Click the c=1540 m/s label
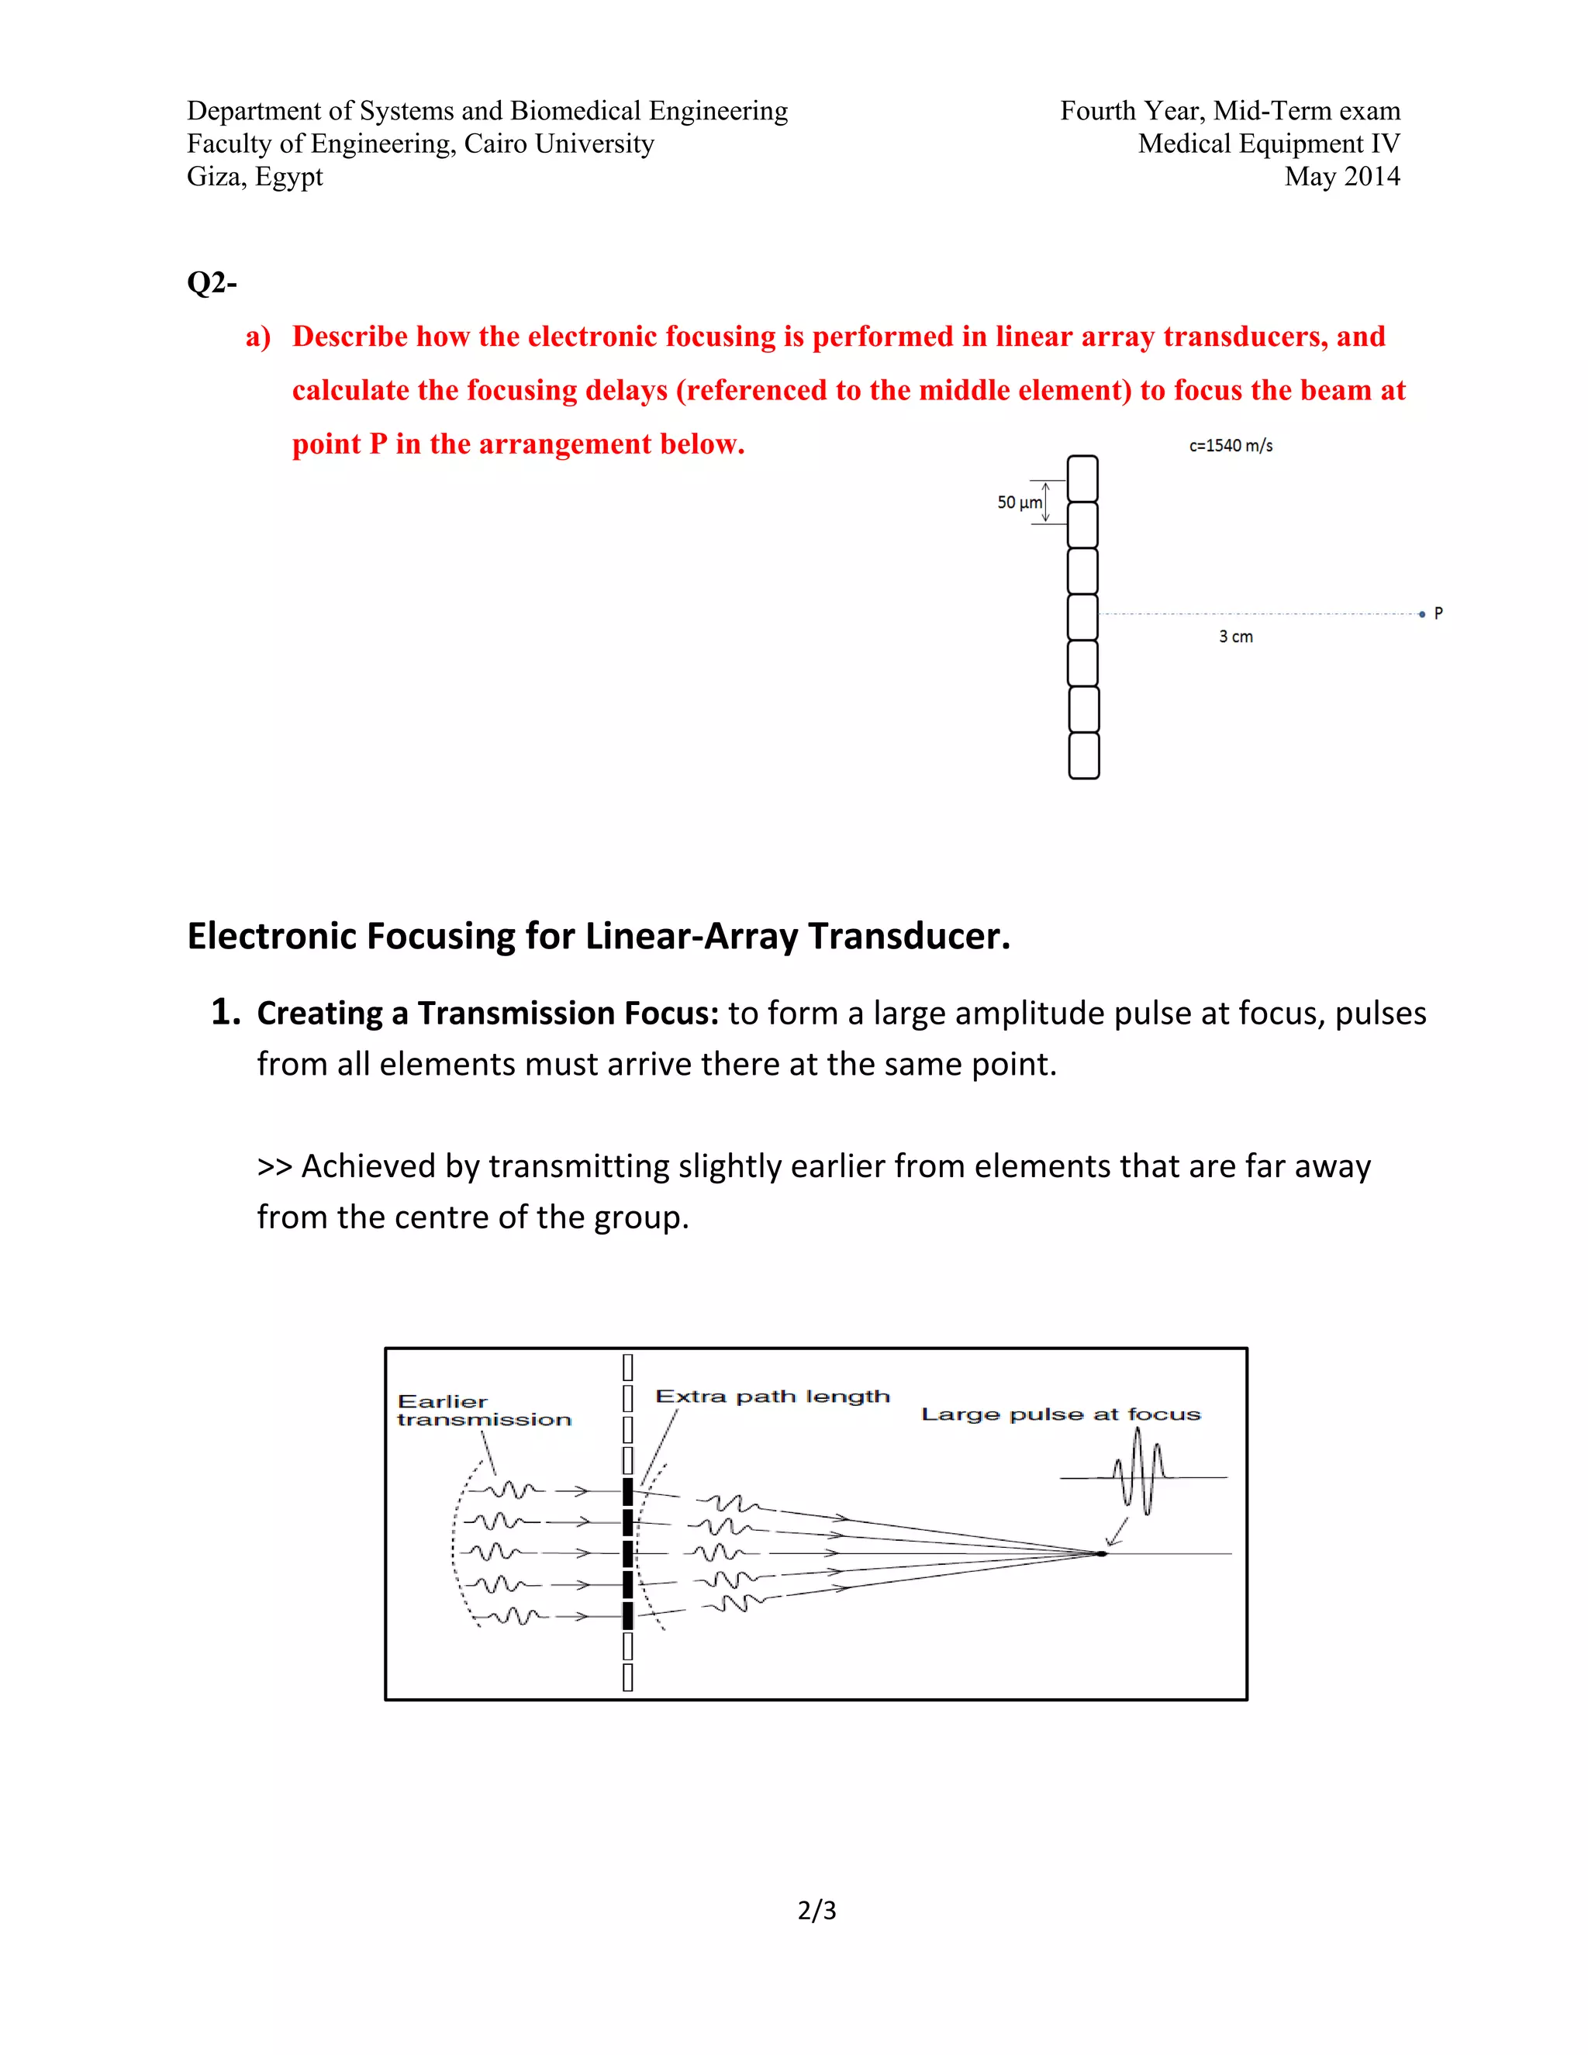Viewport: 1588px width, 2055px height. pyautogui.click(x=1231, y=446)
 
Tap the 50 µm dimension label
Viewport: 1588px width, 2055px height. pyautogui.click(x=1020, y=503)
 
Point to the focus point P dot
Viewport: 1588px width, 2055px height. pyautogui.click(x=1421, y=613)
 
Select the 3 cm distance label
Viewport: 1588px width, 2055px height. pyautogui.click(x=1235, y=637)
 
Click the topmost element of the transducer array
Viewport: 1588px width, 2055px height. pyautogui.click(x=1082, y=478)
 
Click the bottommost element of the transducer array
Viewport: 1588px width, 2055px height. pyautogui.click(x=1084, y=755)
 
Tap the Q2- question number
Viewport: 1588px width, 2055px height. pyautogui.click(x=212, y=282)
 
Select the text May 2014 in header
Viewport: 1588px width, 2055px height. pyautogui.click(x=1341, y=177)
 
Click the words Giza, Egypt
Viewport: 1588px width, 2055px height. pyautogui.click(x=255, y=177)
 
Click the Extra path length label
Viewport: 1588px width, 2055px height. pyautogui.click(x=772, y=1397)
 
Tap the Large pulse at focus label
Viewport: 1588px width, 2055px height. pyautogui.click(x=1060, y=1414)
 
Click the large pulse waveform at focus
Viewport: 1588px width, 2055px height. pyautogui.click(x=1139, y=1473)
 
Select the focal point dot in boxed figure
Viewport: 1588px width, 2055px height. pyautogui.click(x=1101, y=1553)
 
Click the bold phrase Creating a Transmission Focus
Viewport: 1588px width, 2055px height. pyautogui.click(x=487, y=1014)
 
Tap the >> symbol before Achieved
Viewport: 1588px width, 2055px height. pyautogui.click(x=274, y=1167)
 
